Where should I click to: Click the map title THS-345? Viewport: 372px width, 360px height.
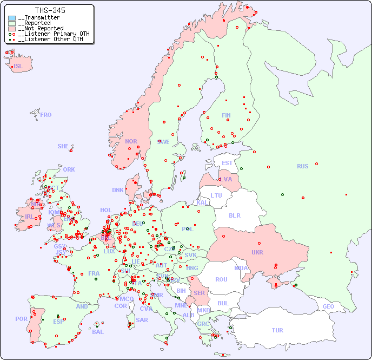[x=50, y=10]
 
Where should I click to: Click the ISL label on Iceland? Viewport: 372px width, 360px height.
[x=18, y=67]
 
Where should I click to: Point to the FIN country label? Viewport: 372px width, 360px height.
[x=226, y=115]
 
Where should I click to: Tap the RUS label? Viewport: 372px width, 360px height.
[x=302, y=166]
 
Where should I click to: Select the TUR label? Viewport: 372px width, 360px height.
[x=277, y=330]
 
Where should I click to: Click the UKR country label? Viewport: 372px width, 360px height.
[x=257, y=252]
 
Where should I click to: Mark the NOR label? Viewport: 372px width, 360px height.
[x=131, y=141]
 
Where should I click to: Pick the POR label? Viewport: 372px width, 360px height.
[x=21, y=319]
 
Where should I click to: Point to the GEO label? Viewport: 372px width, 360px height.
[x=328, y=306]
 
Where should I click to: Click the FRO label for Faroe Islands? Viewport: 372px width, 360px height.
[x=46, y=115]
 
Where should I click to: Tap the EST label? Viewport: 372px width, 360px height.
[x=227, y=163]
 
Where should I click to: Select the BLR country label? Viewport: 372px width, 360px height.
[x=235, y=215]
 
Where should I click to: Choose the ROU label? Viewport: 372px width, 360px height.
[x=221, y=279]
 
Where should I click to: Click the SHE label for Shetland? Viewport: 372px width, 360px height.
[x=63, y=146]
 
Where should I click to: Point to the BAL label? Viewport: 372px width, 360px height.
[x=98, y=332]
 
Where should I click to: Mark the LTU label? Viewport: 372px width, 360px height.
[x=216, y=195]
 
